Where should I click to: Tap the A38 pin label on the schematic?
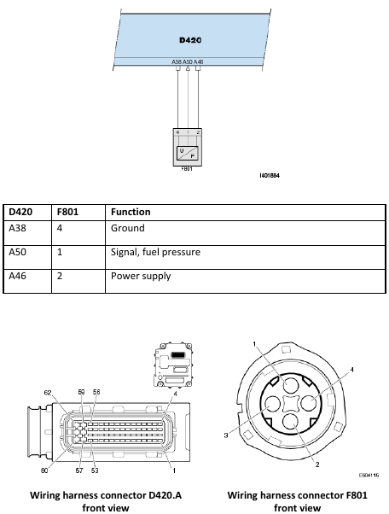pyautogui.click(x=177, y=61)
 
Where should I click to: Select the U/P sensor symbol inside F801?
pyautogui.click(x=188, y=153)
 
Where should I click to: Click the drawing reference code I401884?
pyautogui.click(x=270, y=175)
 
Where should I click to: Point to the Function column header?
pyautogui.click(x=131, y=211)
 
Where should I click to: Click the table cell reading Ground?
pyautogui.click(x=127, y=229)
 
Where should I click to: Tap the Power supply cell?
pyautogui.click(x=141, y=277)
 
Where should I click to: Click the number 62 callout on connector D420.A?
pyautogui.click(x=49, y=393)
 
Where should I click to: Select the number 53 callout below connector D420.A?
pyautogui.click(x=96, y=469)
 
